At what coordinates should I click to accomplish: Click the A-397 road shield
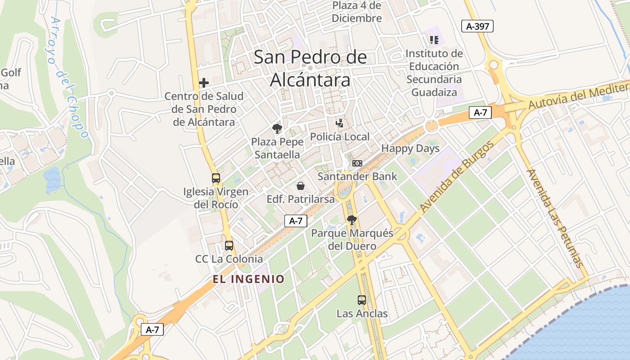click(477, 27)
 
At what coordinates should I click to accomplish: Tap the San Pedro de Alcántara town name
click(310, 68)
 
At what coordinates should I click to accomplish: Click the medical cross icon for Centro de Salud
click(204, 83)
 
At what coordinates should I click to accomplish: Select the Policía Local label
click(340, 137)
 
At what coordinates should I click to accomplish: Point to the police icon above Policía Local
click(340, 123)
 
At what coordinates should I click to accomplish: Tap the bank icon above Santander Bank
click(357, 163)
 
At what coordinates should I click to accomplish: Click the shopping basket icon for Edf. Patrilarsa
click(301, 186)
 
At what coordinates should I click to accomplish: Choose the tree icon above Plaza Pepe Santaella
click(277, 129)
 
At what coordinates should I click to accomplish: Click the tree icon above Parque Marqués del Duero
click(352, 220)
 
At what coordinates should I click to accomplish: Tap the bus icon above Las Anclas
click(362, 300)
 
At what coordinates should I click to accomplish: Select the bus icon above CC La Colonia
click(229, 246)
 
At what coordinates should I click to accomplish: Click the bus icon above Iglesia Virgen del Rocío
click(216, 178)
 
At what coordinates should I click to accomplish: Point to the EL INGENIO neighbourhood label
click(249, 279)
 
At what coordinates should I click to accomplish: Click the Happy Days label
click(410, 148)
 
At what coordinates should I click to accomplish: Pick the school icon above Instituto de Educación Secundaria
click(434, 40)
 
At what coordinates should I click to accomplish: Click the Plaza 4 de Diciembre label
click(357, 12)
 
